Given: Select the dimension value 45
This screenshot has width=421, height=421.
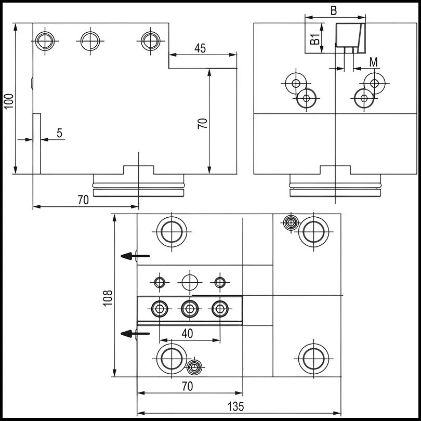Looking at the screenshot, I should (x=200, y=48).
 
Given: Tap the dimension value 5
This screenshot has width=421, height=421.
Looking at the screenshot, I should (x=59, y=133).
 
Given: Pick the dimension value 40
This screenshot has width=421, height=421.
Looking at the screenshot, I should (x=188, y=334).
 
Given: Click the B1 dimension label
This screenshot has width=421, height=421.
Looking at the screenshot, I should (x=314, y=38).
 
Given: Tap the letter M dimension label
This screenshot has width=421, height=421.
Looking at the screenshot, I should (x=373, y=62).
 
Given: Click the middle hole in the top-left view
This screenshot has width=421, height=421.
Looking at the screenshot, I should (x=90, y=40).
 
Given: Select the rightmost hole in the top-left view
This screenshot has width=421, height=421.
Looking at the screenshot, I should (x=150, y=40).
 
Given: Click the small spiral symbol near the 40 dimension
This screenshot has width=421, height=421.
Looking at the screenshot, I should (x=194, y=367).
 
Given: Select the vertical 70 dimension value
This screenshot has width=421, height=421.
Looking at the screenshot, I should (x=203, y=123).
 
